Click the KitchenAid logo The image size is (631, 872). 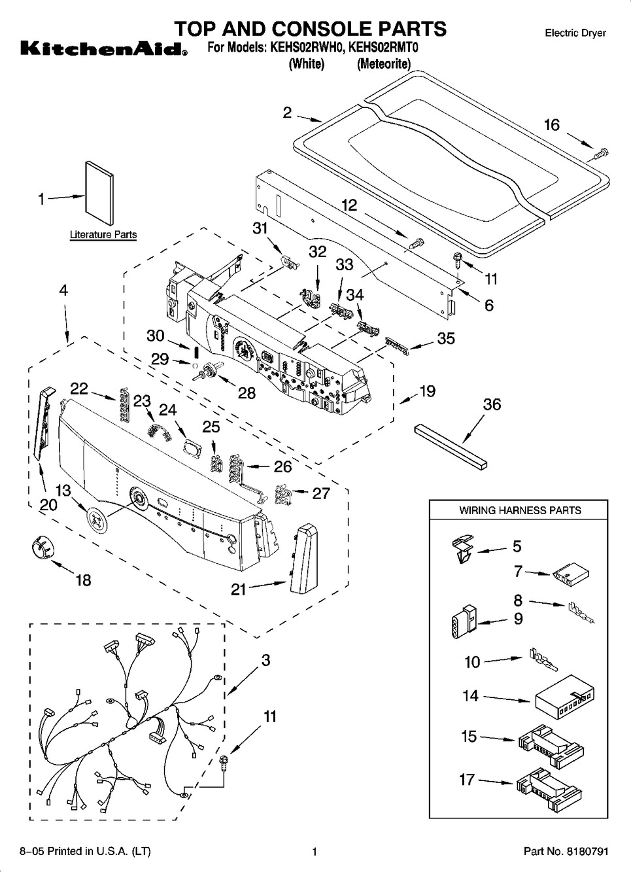click(x=103, y=48)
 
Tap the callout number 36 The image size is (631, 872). click(x=492, y=405)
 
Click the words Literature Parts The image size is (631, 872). click(x=103, y=235)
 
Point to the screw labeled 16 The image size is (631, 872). click(x=602, y=154)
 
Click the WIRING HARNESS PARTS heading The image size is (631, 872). click(x=520, y=510)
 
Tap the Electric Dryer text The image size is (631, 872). click(x=575, y=33)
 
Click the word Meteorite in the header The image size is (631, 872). click(x=384, y=64)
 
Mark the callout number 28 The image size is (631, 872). click(x=247, y=393)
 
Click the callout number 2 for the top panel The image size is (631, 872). click(x=287, y=113)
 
